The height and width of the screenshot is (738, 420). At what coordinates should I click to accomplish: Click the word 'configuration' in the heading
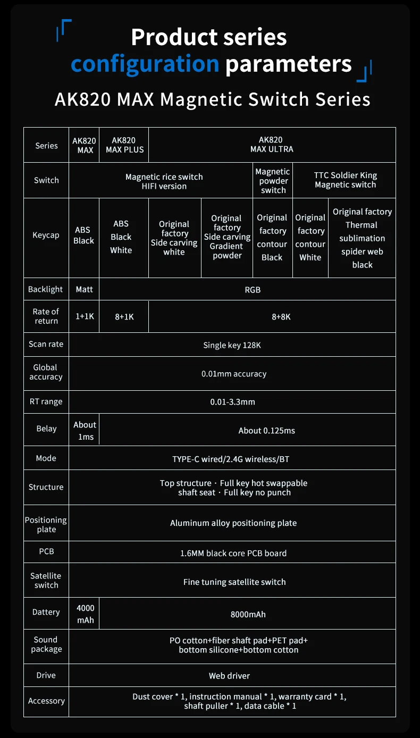coord(145,64)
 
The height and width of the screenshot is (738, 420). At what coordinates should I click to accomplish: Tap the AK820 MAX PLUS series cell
coord(124,145)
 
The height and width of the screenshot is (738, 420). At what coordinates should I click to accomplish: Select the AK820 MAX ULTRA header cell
coord(272,145)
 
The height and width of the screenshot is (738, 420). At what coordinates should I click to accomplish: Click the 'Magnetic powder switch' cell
coord(273,181)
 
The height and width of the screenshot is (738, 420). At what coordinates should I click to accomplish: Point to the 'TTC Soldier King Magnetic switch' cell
coord(345,180)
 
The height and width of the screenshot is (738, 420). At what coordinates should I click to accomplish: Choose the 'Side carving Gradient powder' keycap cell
coord(227,237)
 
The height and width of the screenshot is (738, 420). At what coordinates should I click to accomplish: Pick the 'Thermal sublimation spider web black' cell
coord(362,238)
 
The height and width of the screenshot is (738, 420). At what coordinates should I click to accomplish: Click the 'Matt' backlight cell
coord(84,289)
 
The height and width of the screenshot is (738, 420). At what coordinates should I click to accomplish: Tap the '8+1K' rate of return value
coord(124,316)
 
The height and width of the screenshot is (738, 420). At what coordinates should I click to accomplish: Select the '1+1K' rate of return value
coord(84,316)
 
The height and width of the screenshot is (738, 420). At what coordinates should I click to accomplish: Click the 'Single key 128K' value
coord(232,345)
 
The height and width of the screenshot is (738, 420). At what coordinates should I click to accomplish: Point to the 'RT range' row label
coord(46,402)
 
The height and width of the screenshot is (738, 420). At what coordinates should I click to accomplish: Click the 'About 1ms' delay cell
coord(85,431)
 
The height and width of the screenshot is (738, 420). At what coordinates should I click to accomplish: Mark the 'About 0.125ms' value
coord(266,431)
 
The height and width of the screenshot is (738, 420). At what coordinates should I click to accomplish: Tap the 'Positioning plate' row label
coord(46,524)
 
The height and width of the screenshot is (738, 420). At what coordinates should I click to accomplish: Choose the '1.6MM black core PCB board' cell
coord(233,553)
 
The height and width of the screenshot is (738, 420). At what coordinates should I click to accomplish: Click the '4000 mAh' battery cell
coord(85,614)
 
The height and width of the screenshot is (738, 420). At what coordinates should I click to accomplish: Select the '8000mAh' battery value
coord(248,615)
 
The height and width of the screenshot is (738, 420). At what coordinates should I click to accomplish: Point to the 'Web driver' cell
coord(229,676)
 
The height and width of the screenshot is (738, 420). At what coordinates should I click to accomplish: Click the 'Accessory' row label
coord(46,701)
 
